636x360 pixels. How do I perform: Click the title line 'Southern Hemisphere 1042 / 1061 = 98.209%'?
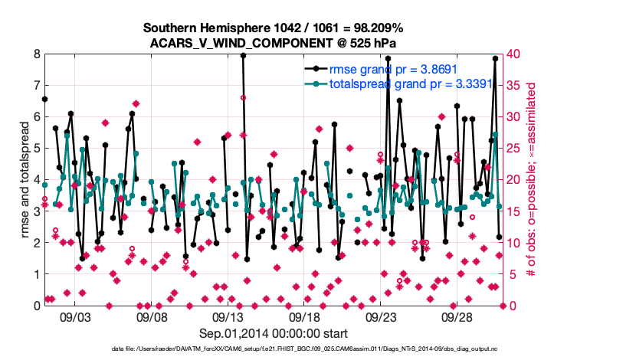[274, 28]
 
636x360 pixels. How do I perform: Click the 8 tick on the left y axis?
[37, 54]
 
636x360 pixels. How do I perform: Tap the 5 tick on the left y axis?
[37, 149]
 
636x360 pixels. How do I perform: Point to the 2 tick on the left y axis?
[37, 243]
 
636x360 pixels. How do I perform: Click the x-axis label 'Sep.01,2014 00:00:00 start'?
[274, 333]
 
